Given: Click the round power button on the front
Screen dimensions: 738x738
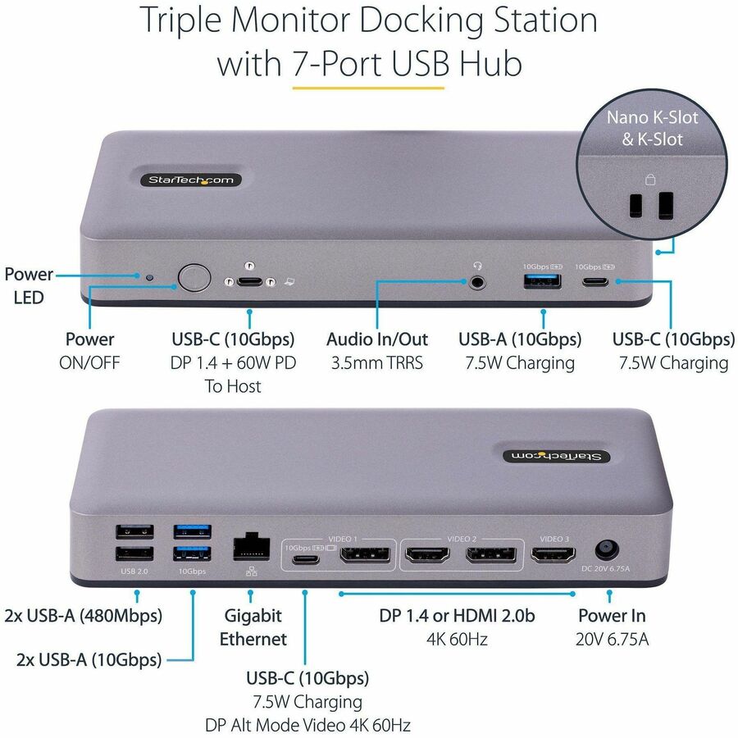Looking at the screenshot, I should [x=194, y=278].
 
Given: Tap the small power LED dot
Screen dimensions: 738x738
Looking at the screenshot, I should [x=149, y=277].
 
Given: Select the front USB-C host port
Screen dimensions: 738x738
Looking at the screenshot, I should [x=249, y=281].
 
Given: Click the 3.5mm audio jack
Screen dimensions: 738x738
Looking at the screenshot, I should [x=477, y=282].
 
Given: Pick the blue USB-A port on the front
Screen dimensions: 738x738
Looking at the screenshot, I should [x=543, y=282].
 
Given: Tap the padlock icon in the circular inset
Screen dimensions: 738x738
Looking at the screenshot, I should [x=651, y=180].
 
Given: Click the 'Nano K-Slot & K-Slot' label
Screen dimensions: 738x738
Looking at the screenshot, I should [x=652, y=128].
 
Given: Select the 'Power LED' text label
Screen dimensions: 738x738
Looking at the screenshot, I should [x=29, y=285].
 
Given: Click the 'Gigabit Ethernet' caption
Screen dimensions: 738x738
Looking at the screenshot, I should [x=253, y=627].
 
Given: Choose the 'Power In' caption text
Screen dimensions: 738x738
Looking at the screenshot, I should [x=611, y=615].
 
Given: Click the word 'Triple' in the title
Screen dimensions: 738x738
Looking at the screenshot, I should [x=189, y=20].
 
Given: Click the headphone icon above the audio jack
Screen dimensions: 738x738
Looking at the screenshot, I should [x=476, y=265].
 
